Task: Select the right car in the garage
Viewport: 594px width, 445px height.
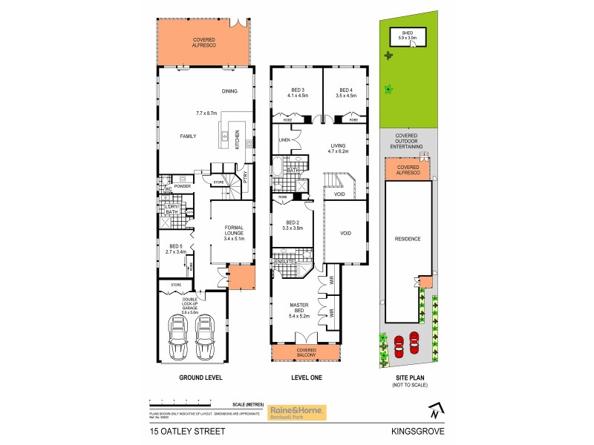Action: click(206, 339)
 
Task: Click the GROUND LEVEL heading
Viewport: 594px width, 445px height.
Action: click(200, 378)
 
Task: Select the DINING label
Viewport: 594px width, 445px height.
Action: click(229, 91)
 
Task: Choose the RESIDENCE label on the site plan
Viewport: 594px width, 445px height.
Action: click(408, 239)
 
